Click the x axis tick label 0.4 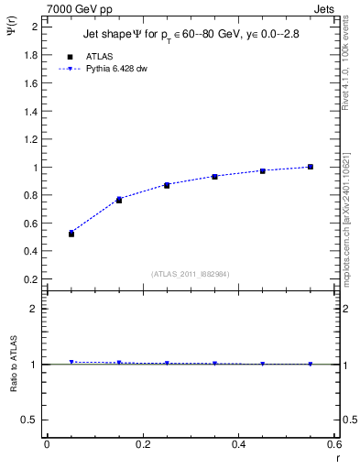click(x=239, y=444)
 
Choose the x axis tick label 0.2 click(x=143, y=444)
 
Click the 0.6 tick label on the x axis click(x=334, y=444)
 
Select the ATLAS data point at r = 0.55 click(x=311, y=167)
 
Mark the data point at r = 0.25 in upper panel click(x=167, y=185)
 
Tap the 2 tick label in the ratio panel click(x=34, y=309)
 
